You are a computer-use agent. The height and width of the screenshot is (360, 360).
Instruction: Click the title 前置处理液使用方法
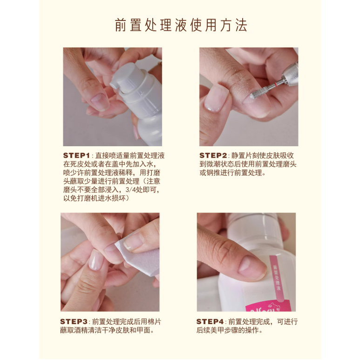coord(181,25)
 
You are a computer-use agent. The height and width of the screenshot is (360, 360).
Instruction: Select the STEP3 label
coord(74,321)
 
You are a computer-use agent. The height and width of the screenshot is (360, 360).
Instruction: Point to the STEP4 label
coord(210,321)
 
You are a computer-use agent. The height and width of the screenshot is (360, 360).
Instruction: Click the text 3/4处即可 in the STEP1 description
coord(143,190)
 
